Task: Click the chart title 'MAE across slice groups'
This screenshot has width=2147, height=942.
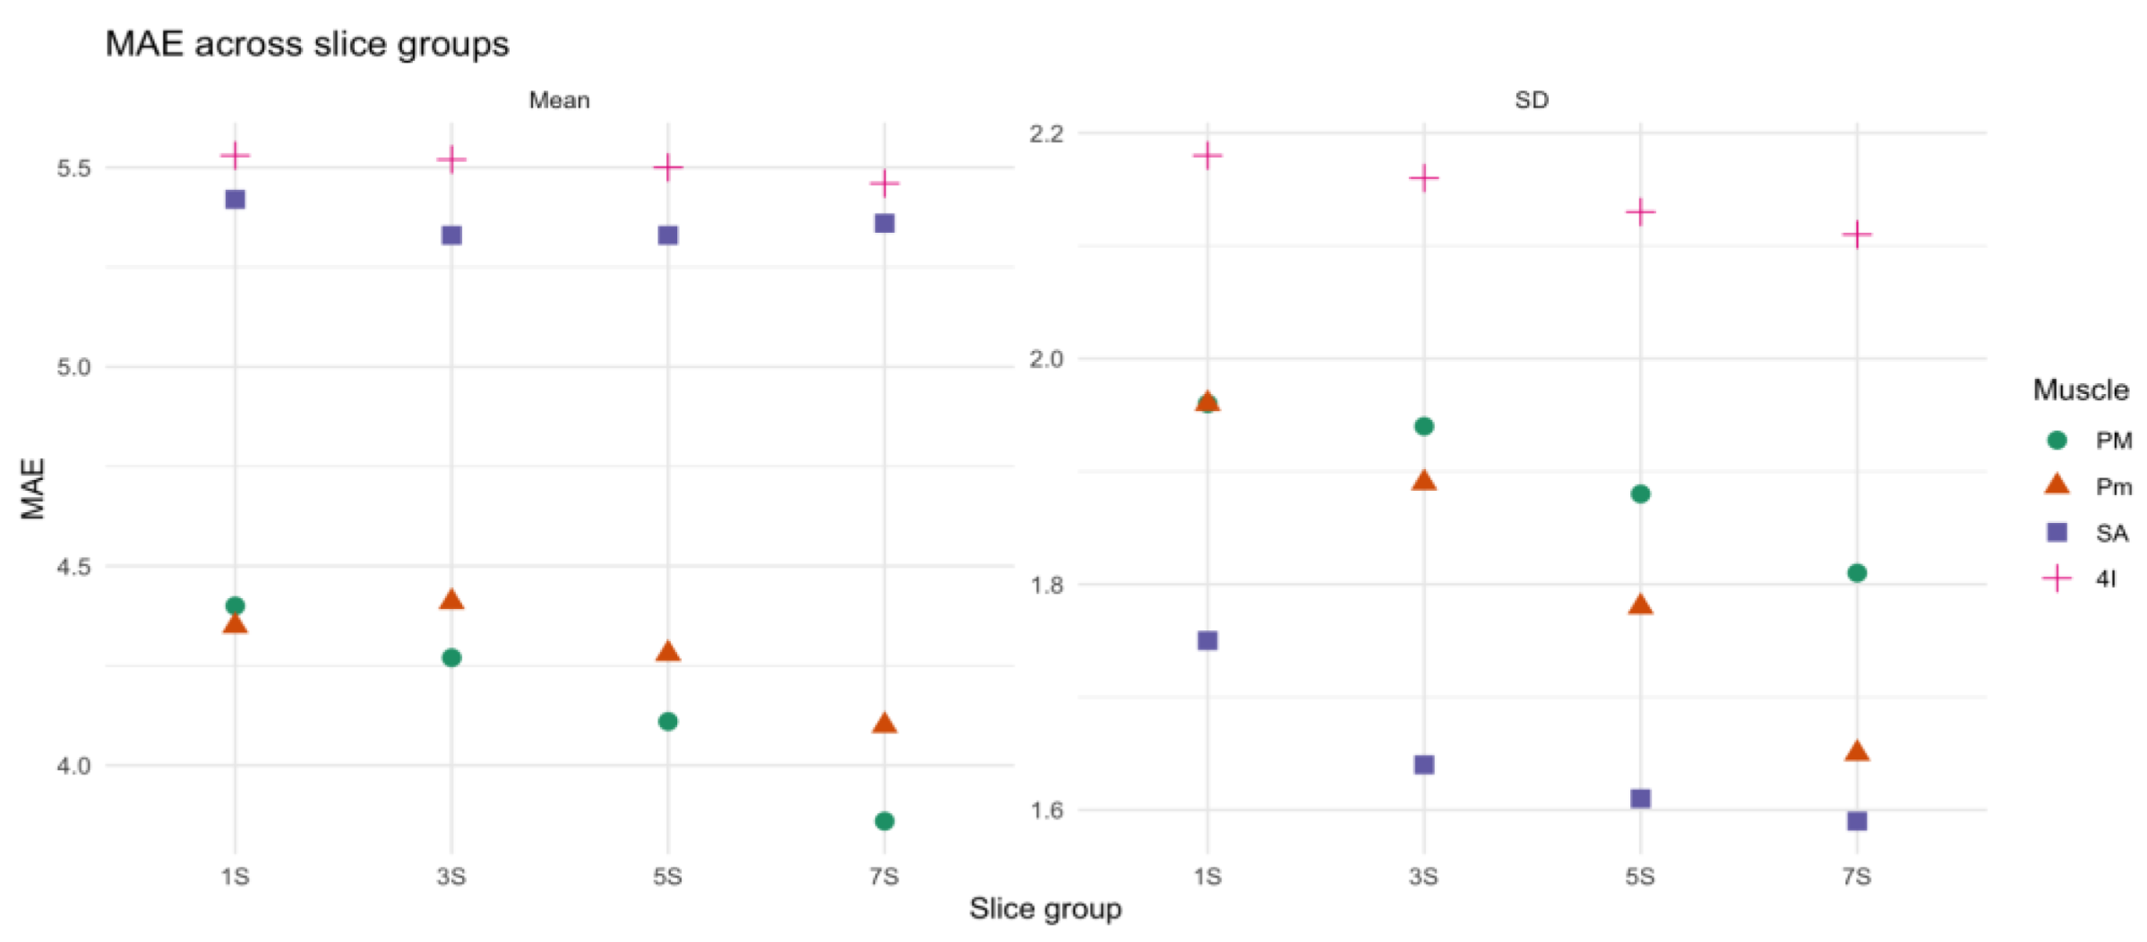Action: pos(306,44)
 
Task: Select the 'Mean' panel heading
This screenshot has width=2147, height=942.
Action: pos(559,99)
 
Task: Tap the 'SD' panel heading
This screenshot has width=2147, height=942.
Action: pos(1531,99)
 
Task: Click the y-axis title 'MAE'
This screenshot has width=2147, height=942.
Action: pos(33,488)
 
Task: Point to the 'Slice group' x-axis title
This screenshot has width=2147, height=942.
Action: pos(1044,908)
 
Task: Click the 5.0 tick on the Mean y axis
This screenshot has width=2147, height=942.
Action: pos(73,367)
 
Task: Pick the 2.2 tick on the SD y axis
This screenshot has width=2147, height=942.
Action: pos(1046,133)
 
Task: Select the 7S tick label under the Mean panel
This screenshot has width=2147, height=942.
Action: pos(884,876)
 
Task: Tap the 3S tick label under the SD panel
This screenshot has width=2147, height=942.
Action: pos(1423,876)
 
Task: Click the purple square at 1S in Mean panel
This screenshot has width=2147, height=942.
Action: pos(235,199)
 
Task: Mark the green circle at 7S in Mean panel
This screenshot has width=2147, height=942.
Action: pos(884,820)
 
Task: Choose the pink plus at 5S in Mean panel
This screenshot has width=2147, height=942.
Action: pos(667,167)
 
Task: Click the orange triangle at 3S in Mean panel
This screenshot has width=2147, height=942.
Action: pos(451,600)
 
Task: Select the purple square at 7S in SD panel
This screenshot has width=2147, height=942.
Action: pos(1857,820)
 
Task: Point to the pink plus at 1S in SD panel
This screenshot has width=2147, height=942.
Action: pos(1207,156)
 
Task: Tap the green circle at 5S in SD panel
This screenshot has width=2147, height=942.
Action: pos(1640,493)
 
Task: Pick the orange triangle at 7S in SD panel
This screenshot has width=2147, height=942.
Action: pos(1857,751)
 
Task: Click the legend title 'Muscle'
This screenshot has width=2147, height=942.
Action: pos(2080,390)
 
